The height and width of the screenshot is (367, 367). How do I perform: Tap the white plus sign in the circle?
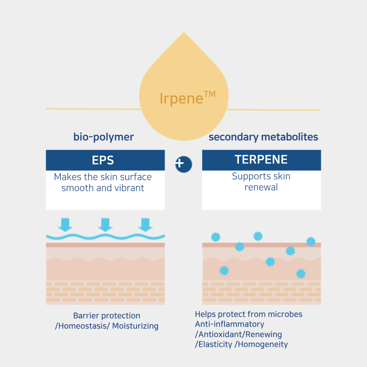click(x=180, y=163)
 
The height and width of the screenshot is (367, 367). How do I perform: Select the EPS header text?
click(x=103, y=160)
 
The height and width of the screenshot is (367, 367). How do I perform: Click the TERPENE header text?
click(x=261, y=160)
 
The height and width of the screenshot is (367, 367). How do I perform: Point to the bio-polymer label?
click(x=103, y=137)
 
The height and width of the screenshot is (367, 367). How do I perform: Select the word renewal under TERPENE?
click(x=261, y=187)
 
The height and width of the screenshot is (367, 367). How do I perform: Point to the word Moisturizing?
click(x=135, y=326)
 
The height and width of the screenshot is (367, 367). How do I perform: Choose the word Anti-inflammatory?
click(x=229, y=324)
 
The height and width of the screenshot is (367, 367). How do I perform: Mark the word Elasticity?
click(x=215, y=344)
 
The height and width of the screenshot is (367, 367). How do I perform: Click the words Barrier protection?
click(x=106, y=316)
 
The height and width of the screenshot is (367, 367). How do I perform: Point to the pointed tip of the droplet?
click(x=184, y=33)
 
